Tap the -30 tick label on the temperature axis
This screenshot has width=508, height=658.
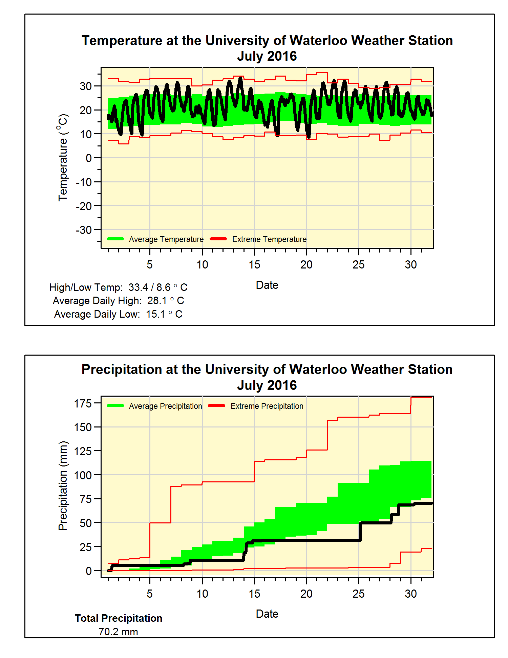[84, 230]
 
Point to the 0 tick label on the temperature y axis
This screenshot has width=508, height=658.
[88, 158]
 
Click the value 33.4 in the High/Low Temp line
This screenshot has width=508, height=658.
[138, 287]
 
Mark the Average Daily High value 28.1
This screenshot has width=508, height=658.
[157, 301]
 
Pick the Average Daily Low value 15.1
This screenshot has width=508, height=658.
[156, 314]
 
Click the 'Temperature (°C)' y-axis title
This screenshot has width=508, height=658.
[63, 158]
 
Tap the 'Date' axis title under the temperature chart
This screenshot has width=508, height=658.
[267, 285]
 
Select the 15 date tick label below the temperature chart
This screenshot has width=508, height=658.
[254, 265]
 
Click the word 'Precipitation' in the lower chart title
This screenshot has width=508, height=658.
[122, 370]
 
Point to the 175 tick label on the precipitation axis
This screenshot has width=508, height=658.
[83, 404]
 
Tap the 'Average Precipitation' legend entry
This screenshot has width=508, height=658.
[165, 406]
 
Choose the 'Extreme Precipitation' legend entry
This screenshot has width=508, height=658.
[267, 406]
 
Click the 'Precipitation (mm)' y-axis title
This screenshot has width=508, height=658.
[63, 486]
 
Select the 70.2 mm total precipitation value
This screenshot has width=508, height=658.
[118, 632]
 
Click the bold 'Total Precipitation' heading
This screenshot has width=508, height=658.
[119, 618]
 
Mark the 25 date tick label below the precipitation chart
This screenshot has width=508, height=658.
[358, 594]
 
